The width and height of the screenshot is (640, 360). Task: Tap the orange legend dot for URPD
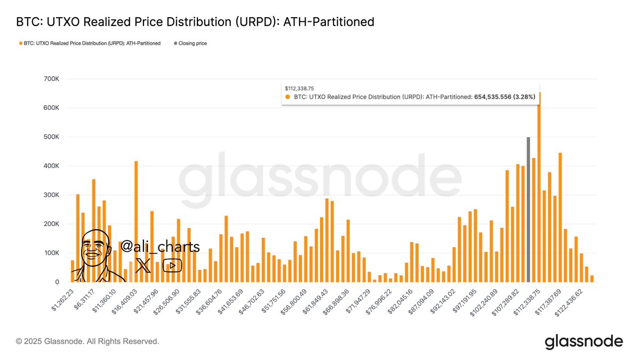tap(20, 43)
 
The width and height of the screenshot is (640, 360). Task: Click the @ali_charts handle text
tap(160, 247)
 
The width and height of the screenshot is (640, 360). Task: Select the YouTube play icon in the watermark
tap(172, 265)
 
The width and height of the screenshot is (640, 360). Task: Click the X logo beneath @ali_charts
tap(143, 265)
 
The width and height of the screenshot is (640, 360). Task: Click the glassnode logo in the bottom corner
tap(583, 341)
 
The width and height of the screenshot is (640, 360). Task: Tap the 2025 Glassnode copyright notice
tap(87, 341)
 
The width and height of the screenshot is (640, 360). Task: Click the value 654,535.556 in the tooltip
tap(492, 97)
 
